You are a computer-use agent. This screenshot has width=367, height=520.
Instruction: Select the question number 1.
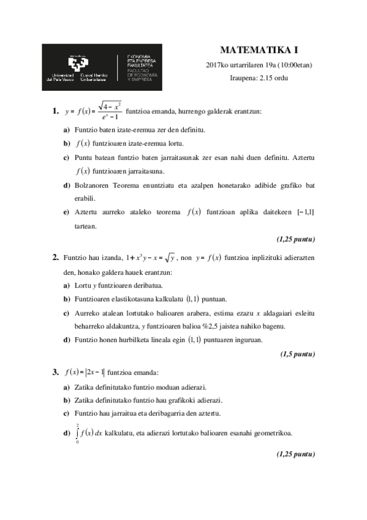(x=56, y=112)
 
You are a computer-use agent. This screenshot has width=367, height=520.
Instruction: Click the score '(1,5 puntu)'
(x=298, y=354)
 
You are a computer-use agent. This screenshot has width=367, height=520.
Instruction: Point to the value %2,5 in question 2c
(x=242, y=326)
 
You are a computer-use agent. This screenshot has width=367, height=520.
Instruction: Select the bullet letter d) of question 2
(x=66, y=339)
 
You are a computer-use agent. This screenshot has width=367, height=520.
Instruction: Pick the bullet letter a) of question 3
(x=66, y=388)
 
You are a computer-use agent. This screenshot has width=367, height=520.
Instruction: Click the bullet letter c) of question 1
(x=66, y=158)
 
